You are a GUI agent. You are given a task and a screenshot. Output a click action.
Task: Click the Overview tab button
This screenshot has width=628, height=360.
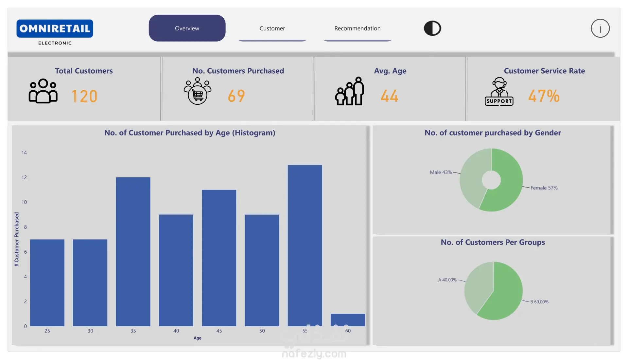187,28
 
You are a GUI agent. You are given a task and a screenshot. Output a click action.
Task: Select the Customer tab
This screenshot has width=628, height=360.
272,28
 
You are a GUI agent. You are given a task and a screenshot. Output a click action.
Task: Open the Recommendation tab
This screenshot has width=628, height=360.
357,28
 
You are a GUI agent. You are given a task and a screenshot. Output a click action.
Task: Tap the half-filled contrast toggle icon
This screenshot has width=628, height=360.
432,28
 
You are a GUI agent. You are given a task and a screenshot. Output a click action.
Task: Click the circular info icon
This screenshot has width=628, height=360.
600,28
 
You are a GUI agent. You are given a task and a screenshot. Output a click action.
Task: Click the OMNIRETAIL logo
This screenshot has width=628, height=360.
55,29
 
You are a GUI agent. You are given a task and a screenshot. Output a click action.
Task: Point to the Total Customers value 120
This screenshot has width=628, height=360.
84,96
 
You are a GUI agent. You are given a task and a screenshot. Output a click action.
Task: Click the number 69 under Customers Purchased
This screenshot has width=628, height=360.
236,96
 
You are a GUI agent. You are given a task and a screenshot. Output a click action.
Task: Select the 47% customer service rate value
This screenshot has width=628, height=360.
544,96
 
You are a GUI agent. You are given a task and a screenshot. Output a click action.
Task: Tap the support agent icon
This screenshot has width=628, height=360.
499,91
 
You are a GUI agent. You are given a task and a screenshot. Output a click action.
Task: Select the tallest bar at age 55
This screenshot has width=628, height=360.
305,245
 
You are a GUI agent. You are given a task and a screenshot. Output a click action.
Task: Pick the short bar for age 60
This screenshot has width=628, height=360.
348,320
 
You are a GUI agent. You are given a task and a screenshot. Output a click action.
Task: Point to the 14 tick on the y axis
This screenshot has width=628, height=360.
24,153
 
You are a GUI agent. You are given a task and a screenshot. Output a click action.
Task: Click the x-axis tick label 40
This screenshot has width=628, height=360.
176,331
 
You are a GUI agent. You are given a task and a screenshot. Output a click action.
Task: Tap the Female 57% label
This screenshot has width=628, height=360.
544,188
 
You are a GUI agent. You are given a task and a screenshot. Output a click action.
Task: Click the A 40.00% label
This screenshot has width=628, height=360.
447,280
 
